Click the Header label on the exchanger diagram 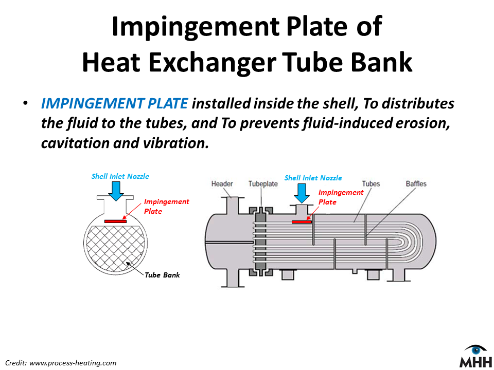point(222,184)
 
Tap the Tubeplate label point(263,184)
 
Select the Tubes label point(371,183)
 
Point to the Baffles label point(416,183)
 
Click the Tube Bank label point(163,275)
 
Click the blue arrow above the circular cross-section point(116,190)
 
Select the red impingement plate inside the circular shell point(115,221)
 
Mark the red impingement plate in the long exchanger point(302,222)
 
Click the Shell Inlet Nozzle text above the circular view point(120,176)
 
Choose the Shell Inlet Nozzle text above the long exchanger point(313,178)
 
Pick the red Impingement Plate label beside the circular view point(166,206)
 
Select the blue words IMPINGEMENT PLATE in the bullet point(114,104)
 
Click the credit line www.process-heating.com point(73,363)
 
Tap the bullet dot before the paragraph point(24,104)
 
